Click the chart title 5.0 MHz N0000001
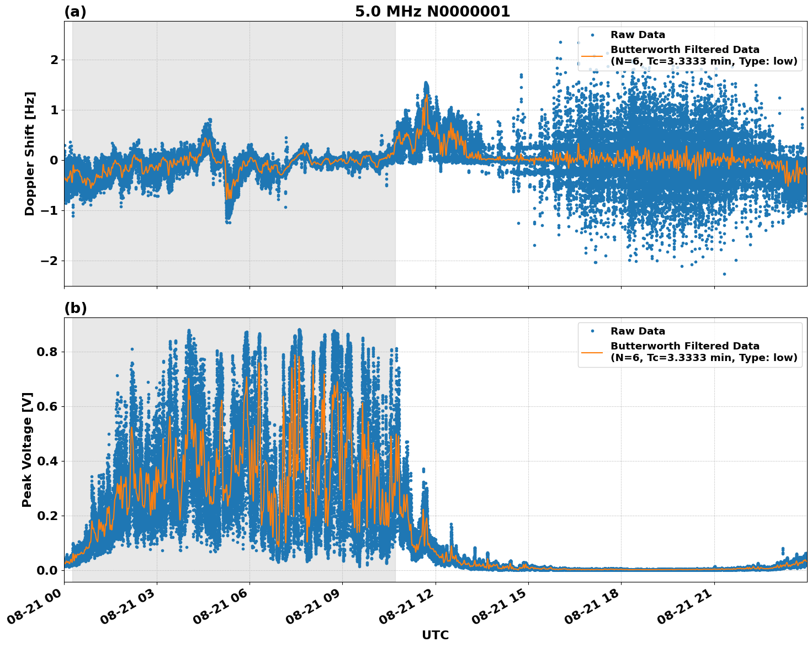(x=432, y=12)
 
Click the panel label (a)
(x=75, y=12)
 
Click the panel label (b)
(x=75, y=308)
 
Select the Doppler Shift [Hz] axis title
(x=30, y=153)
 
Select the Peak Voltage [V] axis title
(x=27, y=449)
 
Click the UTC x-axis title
(x=435, y=635)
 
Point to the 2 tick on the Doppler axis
(x=54, y=60)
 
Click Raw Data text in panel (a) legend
(x=638, y=35)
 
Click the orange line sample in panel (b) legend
(x=592, y=352)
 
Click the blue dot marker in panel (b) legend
(x=592, y=331)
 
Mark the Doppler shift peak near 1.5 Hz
(x=426, y=84)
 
